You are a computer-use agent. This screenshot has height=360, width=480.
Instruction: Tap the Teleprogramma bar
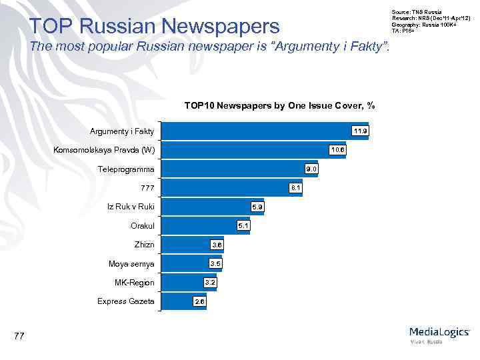233,169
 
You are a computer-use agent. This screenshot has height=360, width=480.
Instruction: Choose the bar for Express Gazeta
177,302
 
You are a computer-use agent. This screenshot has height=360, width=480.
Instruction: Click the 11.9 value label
360,131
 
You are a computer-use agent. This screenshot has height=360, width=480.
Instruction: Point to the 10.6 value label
337,150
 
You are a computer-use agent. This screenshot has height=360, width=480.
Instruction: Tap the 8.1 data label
296,188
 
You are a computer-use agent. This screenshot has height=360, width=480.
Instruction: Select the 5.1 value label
244,226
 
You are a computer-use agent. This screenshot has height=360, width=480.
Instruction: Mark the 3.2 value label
210,283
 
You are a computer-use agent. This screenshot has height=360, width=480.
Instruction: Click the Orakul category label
142,226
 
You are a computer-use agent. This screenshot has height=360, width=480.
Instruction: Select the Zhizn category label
144,245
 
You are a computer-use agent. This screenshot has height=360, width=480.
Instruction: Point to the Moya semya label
131,264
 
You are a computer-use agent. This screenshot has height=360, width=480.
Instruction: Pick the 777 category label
147,188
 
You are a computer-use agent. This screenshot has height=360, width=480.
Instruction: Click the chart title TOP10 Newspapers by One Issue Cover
279,105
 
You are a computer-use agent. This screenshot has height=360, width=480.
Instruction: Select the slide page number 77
19,336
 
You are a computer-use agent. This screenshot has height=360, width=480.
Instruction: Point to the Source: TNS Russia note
411,12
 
